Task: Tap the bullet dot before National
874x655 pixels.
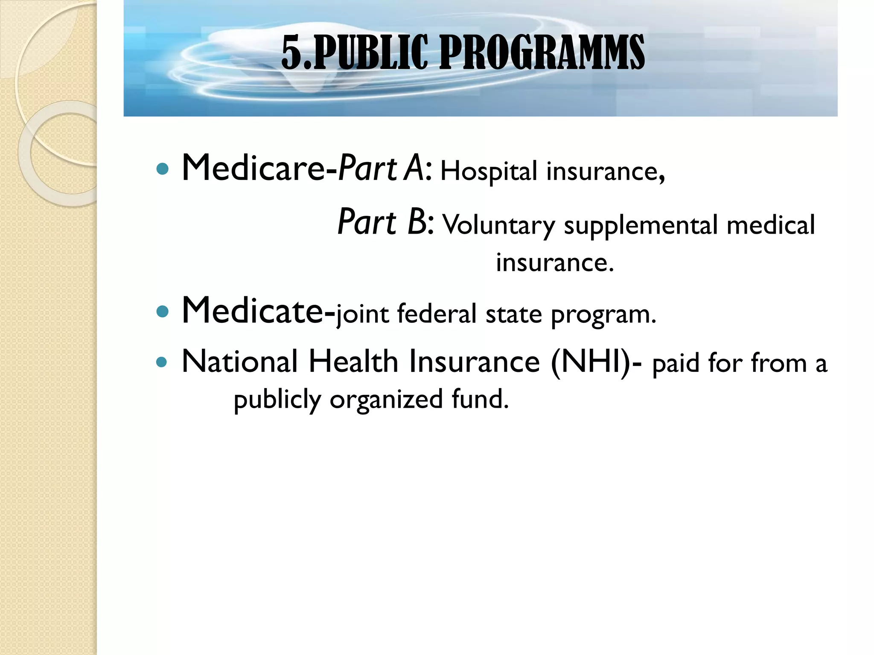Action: click(x=162, y=362)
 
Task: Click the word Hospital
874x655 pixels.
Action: click(x=489, y=171)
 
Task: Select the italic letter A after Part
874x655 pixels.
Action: click(x=414, y=168)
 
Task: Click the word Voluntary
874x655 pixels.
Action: click(x=498, y=225)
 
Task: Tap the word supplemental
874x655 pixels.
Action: click(x=641, y=225)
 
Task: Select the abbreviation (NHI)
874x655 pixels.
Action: click(x=591, y=362)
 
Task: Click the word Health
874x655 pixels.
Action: click(x=353, y=362)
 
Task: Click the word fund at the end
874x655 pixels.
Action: click(x=480, y=399)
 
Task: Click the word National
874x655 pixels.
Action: click(x=239, y=362)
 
